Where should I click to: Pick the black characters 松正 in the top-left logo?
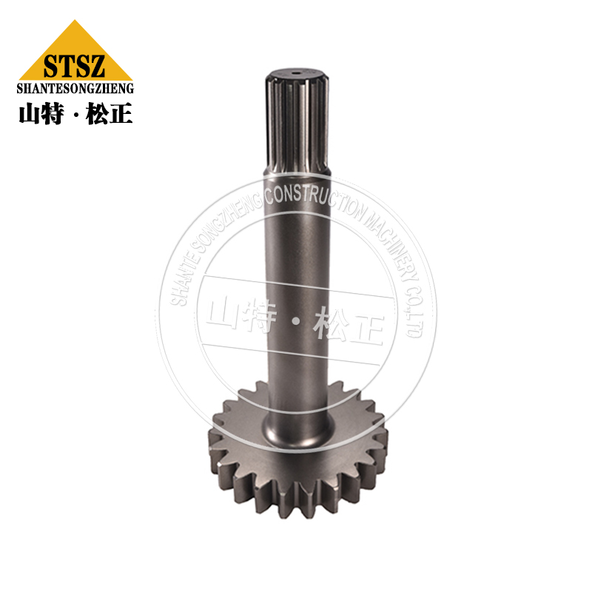coord(109,113)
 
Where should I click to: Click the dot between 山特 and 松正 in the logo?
coord(74,115)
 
